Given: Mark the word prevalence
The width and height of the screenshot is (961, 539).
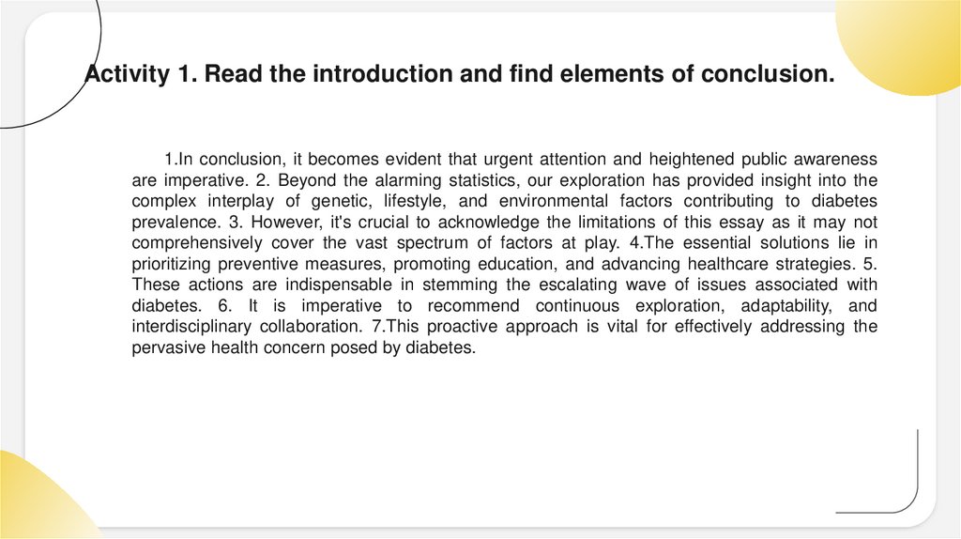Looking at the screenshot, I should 172,222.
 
